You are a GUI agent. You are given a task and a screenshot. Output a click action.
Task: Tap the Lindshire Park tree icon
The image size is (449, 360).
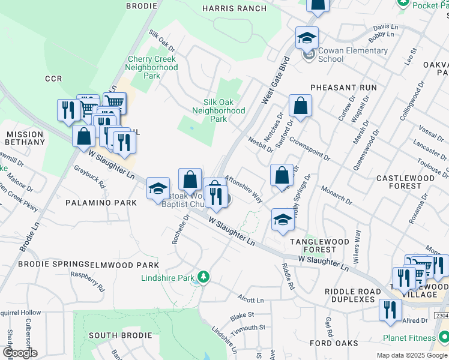coord(204,277)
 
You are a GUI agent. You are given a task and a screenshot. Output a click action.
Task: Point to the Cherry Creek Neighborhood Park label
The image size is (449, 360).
coord(152,68)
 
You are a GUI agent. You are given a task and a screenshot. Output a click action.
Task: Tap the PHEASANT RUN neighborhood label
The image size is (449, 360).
coord(343,88)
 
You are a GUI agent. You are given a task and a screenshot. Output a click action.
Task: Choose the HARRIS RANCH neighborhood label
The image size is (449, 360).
coord(234,8)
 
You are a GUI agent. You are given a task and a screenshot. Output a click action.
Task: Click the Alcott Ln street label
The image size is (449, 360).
coord(250,299)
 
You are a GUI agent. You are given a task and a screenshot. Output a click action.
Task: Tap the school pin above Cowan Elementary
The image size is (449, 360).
coord(307,38)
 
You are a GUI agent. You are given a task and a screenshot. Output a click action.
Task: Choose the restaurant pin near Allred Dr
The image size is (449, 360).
coord(391,310)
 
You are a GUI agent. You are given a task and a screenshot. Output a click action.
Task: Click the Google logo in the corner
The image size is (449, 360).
coord(19,353)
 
